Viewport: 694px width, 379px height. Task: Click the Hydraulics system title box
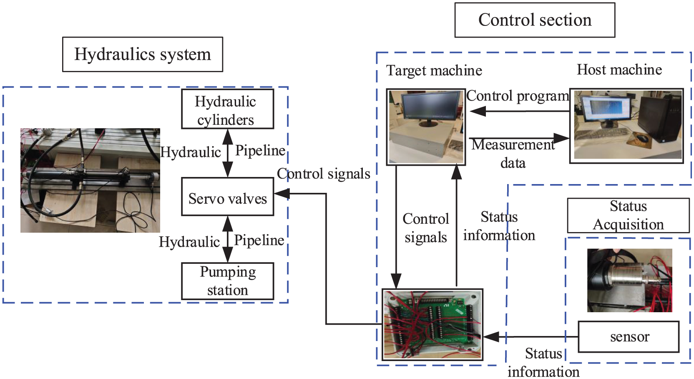tap(143, 54)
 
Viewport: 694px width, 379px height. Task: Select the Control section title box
tap(535, 20)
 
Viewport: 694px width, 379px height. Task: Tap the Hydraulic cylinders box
tap(227, 109)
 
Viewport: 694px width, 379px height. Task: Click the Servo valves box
tap(227, 196)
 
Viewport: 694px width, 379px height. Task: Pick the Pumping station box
tap(227, 281)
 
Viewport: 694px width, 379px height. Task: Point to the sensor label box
tap(629, 336)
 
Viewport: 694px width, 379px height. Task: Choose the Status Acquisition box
tap(629, 215)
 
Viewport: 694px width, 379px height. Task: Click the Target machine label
tap(434, 71)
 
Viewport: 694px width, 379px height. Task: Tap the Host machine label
tap(619, 69)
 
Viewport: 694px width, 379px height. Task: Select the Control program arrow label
tap(518, 96)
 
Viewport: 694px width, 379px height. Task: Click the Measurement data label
tap(513, 154)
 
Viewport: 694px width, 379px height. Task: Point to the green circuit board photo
tap(432, 325)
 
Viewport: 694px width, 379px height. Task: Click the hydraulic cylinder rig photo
tap(90, 180)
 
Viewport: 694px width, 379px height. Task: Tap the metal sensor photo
tap(629, 280)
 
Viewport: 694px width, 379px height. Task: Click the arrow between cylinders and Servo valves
tap(228, 153)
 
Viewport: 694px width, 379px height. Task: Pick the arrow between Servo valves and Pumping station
tap(228, 239)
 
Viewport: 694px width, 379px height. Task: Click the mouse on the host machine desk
tap(642, 138)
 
